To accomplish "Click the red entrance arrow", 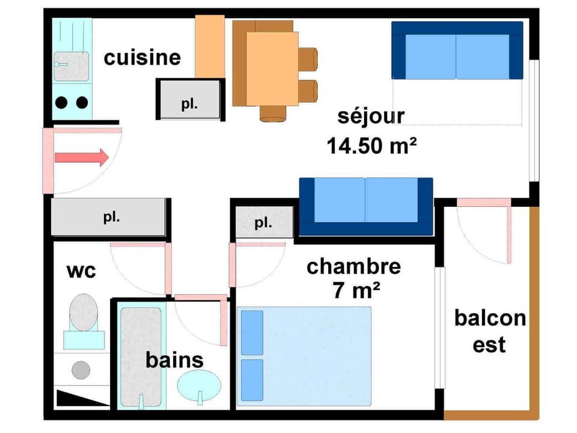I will pyautogui.click(x=81, y=158).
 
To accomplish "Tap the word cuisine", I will pyautogui.click(x=142, y=57).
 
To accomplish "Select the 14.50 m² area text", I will pyautogui.click(x=372, y=146).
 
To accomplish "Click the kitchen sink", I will pyautogui.click(x=72, y=66).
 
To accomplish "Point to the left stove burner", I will pyautogui.click(x=61, y=102).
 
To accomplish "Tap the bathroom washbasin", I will pyautogui.click(x=200, y=384).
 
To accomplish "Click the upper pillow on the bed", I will pyautogui.click(x=252, y=333).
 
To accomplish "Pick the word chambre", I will pyautogui.click(x=353, y=266).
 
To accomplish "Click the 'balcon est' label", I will pyautogui.click(x=489, y=331).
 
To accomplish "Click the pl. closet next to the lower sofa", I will pyautogui.click(x=263, y=223).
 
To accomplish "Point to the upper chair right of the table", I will pyautogui.click(x=308, y=58).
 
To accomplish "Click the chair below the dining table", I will pyautogui.click(x=273, y=113).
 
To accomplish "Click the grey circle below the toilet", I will pyautogui.click(x=81, y=369).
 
